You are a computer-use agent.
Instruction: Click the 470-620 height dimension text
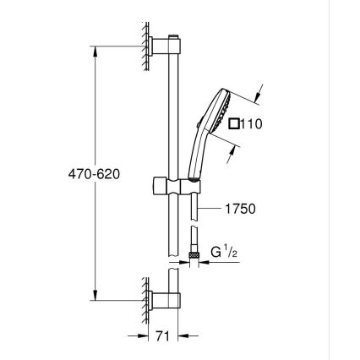[x=94, y=173]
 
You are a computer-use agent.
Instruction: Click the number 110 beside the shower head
[x=251, y=124]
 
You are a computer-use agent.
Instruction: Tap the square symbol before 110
[x=234, y=124]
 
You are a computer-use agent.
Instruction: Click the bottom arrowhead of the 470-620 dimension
[x=94, y=297]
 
